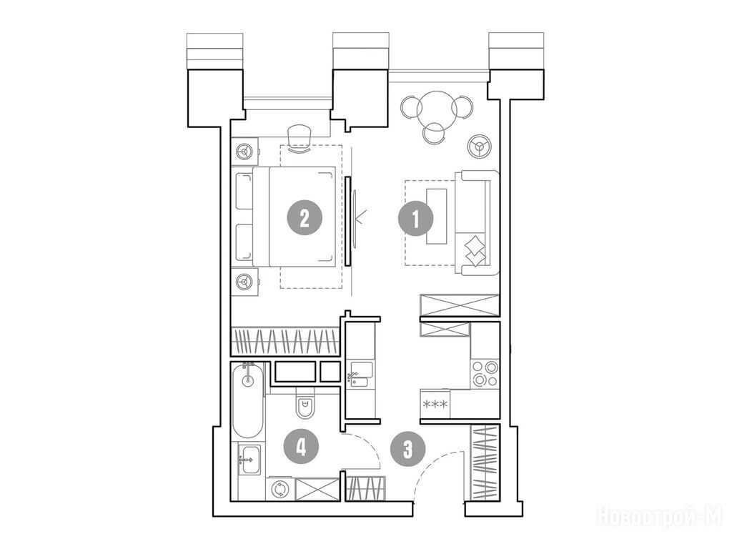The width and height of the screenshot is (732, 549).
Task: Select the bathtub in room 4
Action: pyautogui.click(x=247, y=403)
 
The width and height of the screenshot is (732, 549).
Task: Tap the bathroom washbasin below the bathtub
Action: pyautogui.click(x=249, y=455)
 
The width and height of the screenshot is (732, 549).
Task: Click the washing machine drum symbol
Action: pyautogui.click(x=279, y=488)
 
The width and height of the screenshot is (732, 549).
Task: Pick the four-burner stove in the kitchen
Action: pyautogui.click(x=485, y=374)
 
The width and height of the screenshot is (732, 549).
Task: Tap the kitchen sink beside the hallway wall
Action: pyautogui.click(x=358, y=375)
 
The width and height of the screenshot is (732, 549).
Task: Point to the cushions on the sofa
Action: pyautogui.click(x=474, y=248)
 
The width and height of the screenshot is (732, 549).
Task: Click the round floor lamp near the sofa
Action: pyautogui.click(x=478, y=146)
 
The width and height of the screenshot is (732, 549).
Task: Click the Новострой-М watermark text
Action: pyautogui.click(x=659, y=515)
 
